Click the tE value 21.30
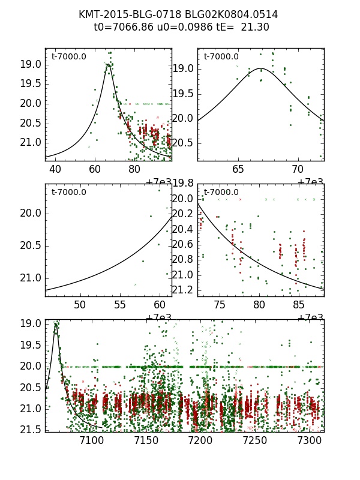tap(255, 27)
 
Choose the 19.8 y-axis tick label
tap(182, 184)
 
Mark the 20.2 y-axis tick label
tap(182, 214)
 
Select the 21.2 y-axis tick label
tap(182, 290)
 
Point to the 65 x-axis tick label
tap(239, 169)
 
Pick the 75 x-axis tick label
tap(219, 305)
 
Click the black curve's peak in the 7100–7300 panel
tap(56, 323)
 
